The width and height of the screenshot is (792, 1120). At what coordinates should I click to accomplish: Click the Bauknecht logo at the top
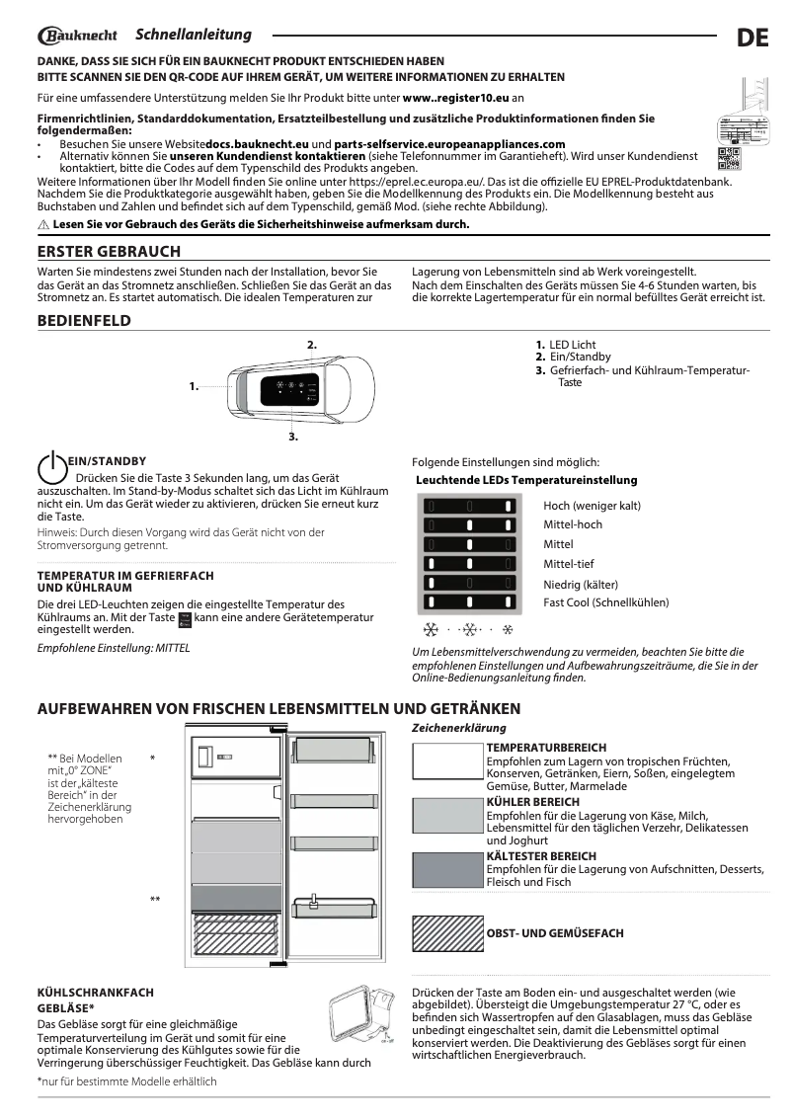pos(78,37)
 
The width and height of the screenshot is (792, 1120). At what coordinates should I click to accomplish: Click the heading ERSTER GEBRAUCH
pos(109,252)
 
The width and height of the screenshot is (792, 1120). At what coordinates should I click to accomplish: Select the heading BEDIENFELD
pos(84,321)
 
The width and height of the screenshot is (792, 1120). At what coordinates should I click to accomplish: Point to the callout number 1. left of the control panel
pos(194,386)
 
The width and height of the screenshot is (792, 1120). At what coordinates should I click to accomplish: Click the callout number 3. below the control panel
pos(293,435)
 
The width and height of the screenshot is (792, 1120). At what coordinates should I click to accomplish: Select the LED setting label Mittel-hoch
pos(573,524)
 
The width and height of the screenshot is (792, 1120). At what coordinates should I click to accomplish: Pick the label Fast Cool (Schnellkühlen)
pos(605,601)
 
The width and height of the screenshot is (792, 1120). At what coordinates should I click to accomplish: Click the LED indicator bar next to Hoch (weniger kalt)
pos(470,506)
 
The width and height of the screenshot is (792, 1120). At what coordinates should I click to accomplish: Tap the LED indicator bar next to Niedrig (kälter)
pos(470,583)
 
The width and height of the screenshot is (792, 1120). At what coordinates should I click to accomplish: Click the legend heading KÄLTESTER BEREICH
pos(541,855)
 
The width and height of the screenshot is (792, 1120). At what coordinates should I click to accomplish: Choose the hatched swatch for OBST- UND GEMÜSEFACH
pos(447,933)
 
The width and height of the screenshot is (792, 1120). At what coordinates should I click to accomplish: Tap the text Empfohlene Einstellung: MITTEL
pos(113,648)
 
